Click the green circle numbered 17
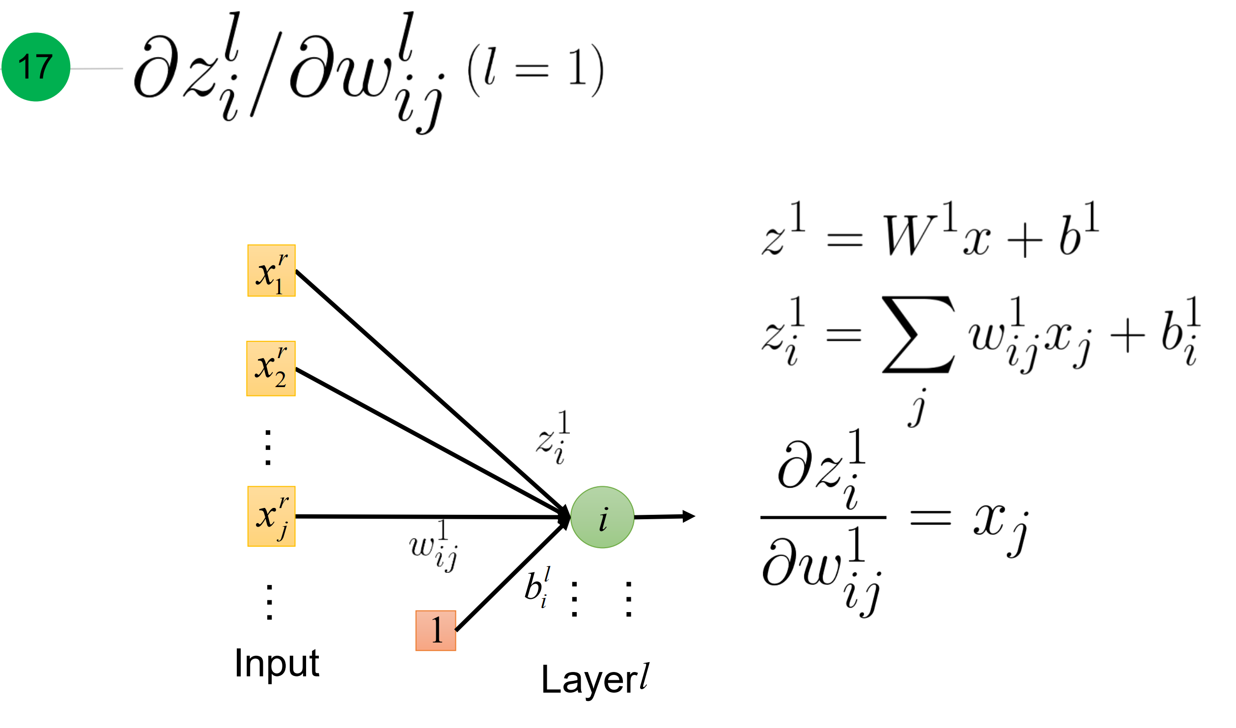[x=36, y=67]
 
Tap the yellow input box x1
[x=271, y=271]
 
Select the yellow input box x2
[x=271, y=368]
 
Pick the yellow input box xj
[x=271, y=516]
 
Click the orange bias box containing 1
[x=436, y=631]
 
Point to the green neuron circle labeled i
[x=602, y=517]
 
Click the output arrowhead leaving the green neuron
[x=688, y=516]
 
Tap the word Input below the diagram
[x=277, y=663]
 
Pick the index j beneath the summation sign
[x=917, y=408]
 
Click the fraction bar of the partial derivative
[x=823, y=517]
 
